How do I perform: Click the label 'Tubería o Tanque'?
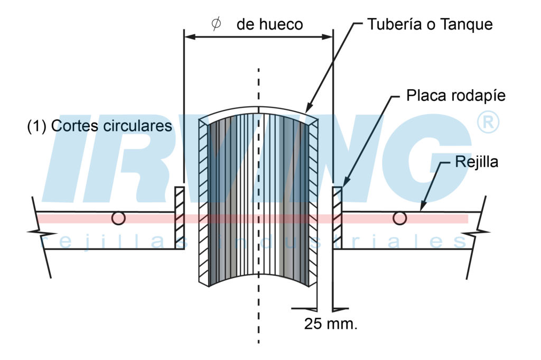(x=430, y=25)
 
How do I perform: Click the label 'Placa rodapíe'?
(x=455, y=96)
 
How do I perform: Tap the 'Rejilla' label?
(x=476, y=162)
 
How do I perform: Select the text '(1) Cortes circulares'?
(x=99, y=126)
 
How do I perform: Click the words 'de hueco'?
(x=269, y=25)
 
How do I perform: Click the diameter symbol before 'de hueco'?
(x=216, y=24)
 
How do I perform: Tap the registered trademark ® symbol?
(x=488, y=123)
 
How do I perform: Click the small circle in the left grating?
(x=118, y=218)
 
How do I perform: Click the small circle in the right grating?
(x=400, y=218)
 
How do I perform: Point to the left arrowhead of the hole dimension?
(x=188, y=37)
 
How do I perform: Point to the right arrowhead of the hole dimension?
(x=328, y=37)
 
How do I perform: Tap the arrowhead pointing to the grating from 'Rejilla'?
(x=423, y=208)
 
